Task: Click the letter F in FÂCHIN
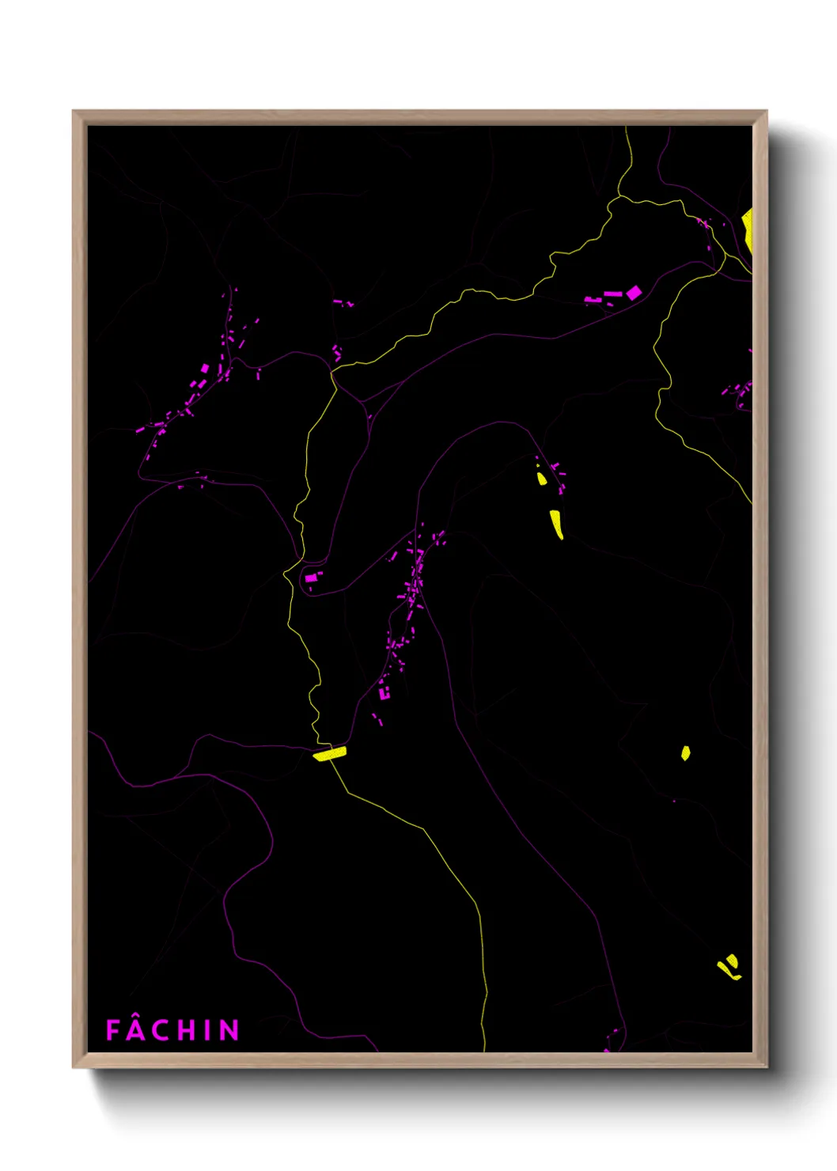coord(112,1030)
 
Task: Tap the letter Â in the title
coord(137,1031)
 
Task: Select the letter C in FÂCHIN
coord(161,1030)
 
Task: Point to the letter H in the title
coord(186,1030)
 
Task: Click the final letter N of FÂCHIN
coord(229,1030)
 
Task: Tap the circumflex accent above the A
coord(137,1018)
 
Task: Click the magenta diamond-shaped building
coord(633,293)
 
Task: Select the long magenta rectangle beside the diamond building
coord(613,294)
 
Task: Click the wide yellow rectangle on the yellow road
coord(329,753)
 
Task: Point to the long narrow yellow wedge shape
coord(557,523)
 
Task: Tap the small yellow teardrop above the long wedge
coord(542,479)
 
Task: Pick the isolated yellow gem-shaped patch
coord(686,752)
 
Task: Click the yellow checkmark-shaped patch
coord(729,967)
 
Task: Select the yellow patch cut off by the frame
coord(747,229)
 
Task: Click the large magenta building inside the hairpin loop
coord(311,578)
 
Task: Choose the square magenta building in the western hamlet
coord(205,368)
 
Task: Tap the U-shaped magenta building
coord(384,694)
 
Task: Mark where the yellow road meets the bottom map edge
coord(483,1050)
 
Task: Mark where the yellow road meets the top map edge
coord(627,128)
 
